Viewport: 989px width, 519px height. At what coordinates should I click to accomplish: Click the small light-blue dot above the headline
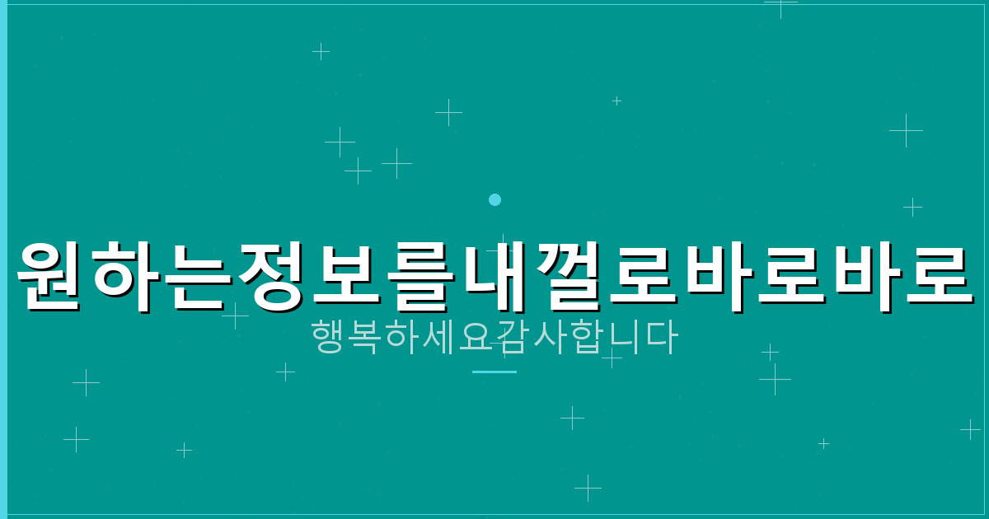pos(494,199)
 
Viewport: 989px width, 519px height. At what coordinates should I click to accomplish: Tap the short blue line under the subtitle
pos(494,372)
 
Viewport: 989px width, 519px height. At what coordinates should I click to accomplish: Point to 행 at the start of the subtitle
pos(329,338)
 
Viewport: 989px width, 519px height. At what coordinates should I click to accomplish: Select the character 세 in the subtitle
pos(439,338)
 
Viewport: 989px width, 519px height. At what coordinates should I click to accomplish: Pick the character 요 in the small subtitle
pos(476,338)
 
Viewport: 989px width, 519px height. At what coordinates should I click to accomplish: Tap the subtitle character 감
pos(513,338)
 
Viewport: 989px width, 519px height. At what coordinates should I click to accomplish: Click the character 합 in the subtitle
pos(586,338)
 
